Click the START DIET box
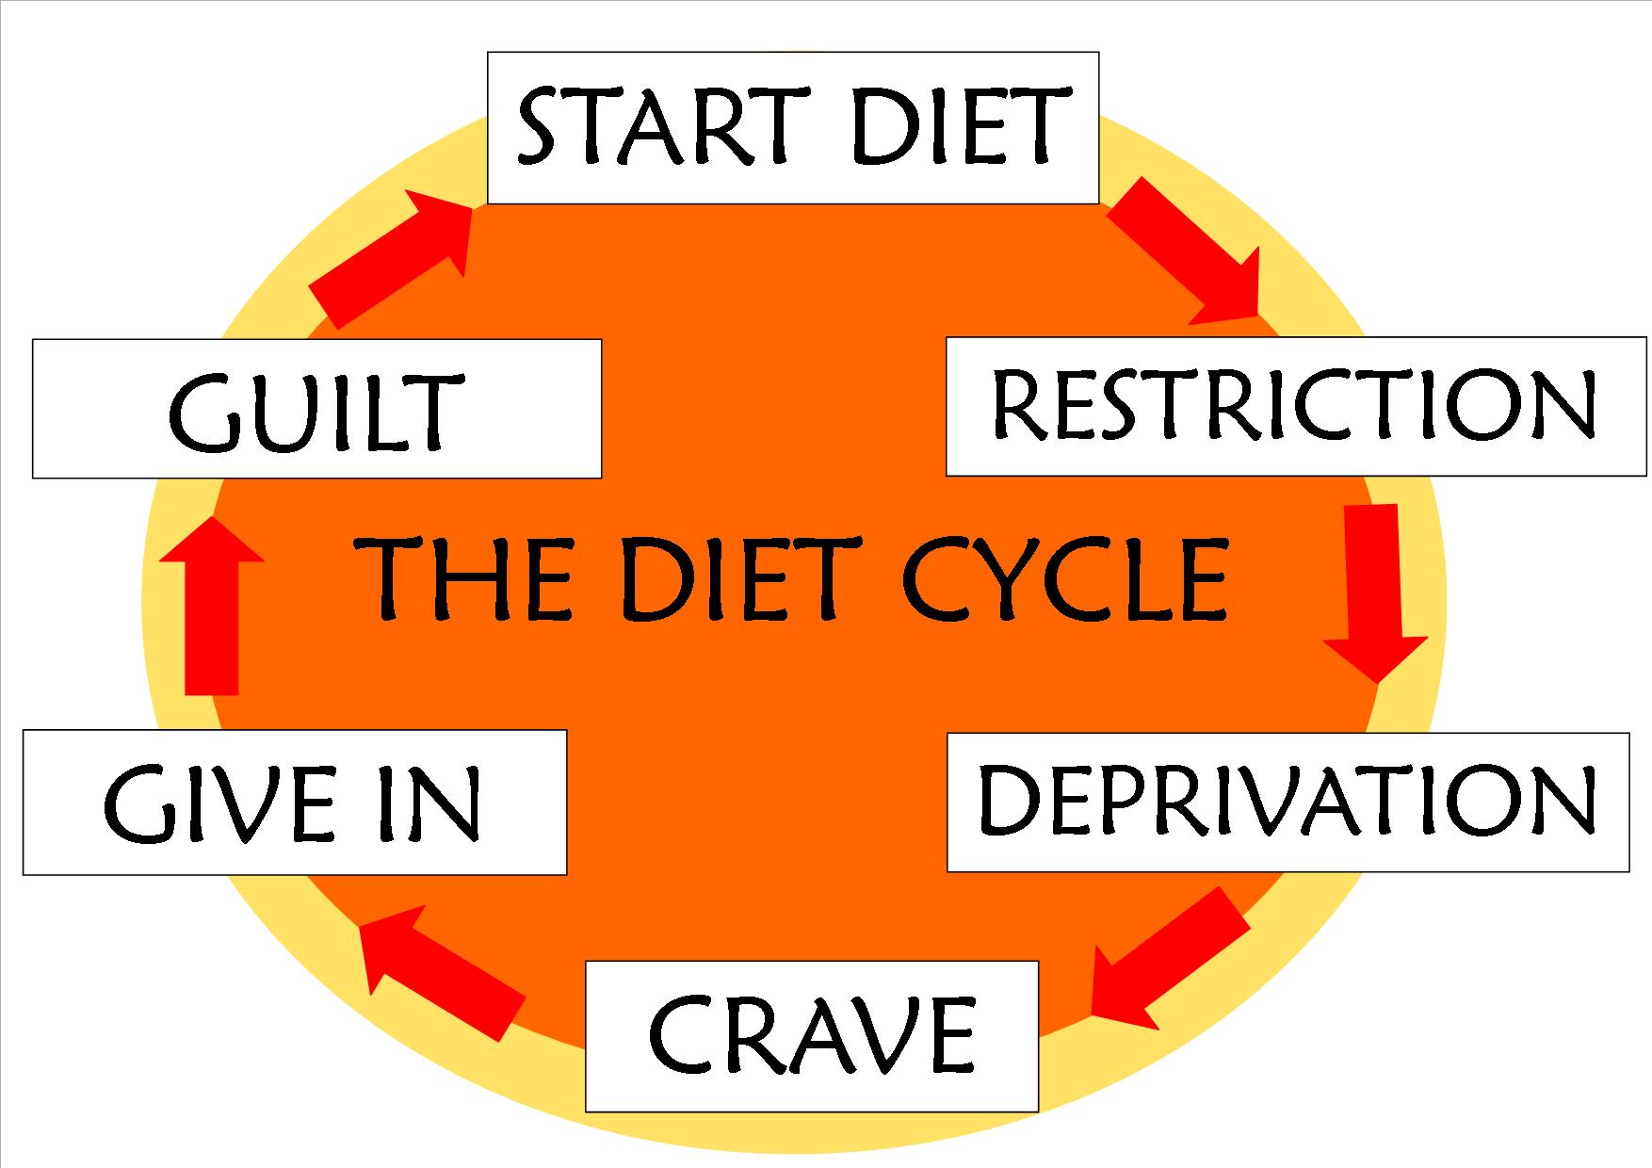pos(792,128)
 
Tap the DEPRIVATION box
pos(1287,802)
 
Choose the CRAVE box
pos(811,1036)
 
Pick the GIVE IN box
pos(294,802)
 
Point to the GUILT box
pos(316,408)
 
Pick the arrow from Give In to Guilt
pos(211,608)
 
